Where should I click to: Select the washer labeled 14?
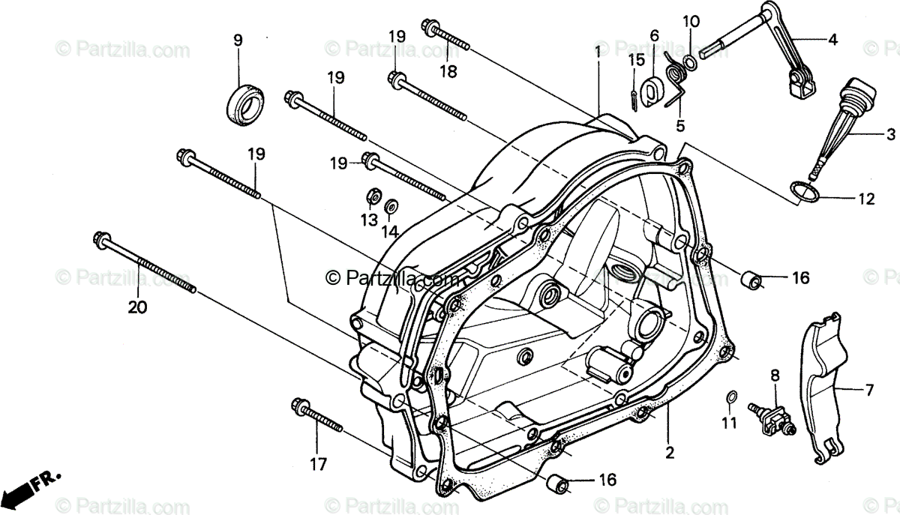tap(391, 205)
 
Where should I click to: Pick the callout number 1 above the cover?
tap(598, 52)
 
